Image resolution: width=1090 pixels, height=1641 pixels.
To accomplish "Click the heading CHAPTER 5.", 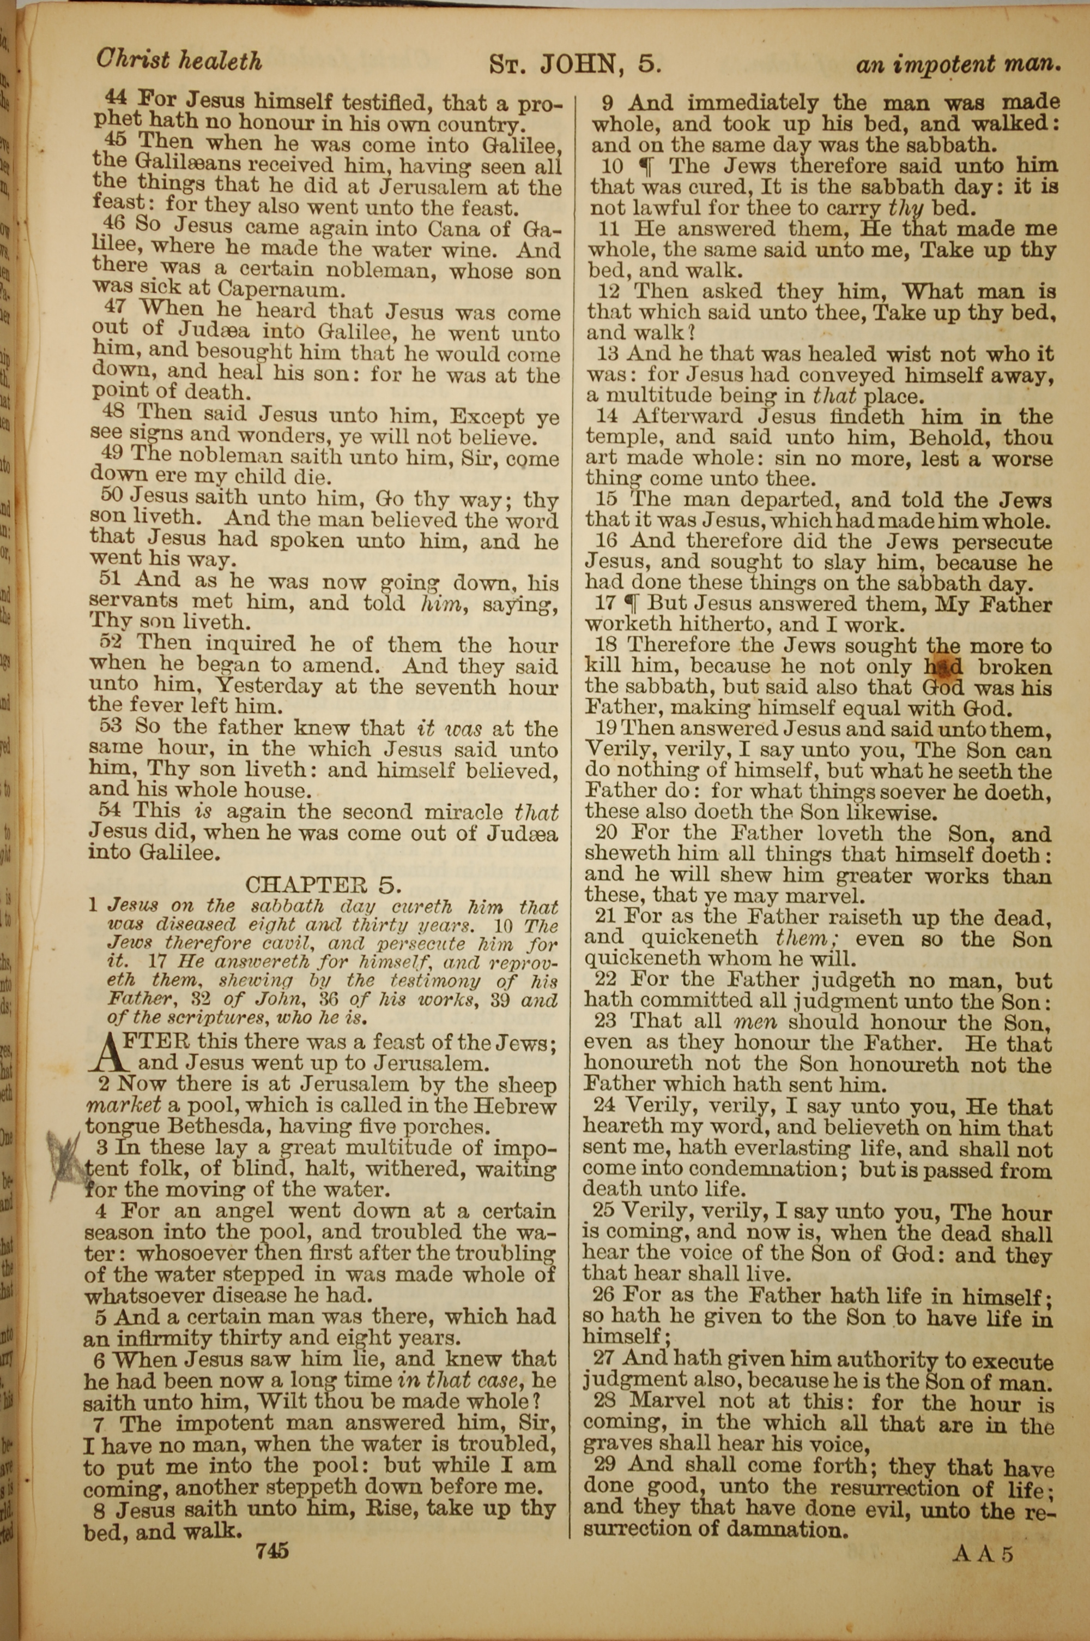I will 323,885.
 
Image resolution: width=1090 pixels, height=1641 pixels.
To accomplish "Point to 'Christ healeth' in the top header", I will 179,61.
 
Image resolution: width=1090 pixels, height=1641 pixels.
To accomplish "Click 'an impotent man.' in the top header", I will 958,65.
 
